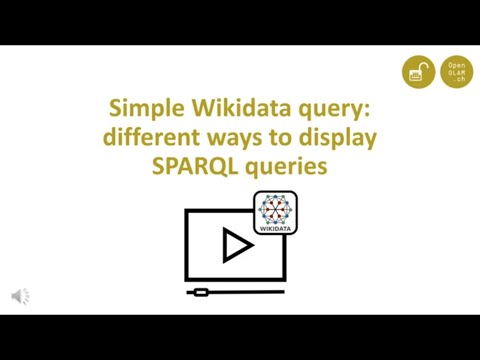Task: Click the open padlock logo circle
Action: point(419,72)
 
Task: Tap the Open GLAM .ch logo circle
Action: point(457,72)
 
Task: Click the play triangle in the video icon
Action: point(237,246)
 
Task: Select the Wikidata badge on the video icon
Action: point(276,212)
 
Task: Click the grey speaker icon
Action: point(20,296)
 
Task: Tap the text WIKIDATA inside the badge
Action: point(276,229)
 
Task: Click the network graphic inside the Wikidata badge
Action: point(276,208)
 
